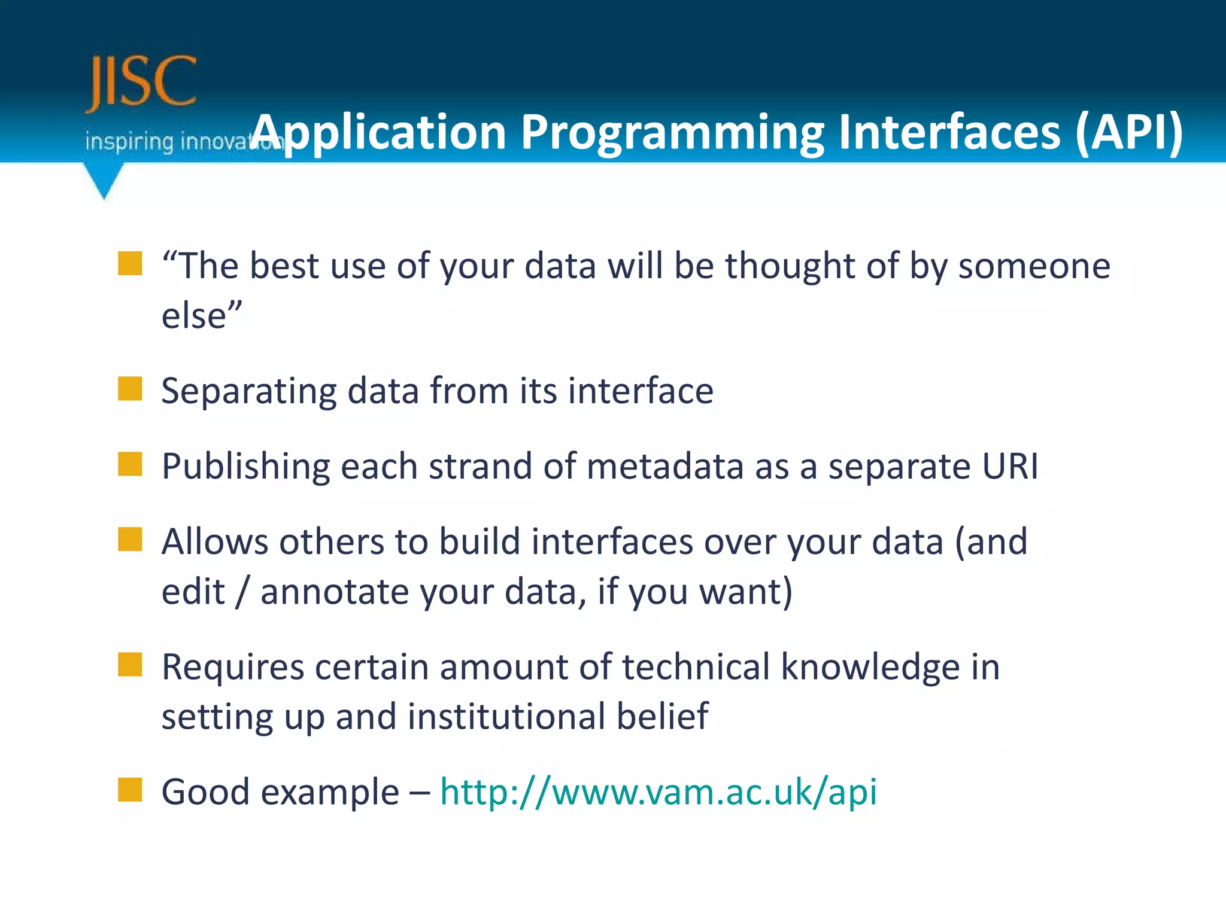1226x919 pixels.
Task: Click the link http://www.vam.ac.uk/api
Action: [658, 792]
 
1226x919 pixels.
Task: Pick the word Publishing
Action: [245, 467]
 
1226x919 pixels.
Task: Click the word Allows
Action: [215, 542]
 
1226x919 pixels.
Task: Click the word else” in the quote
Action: [202, 315]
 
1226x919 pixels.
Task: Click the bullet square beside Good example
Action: [130, 790]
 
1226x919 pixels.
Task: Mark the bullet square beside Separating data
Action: [130, 389]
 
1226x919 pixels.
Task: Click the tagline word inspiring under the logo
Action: [129, 142]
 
